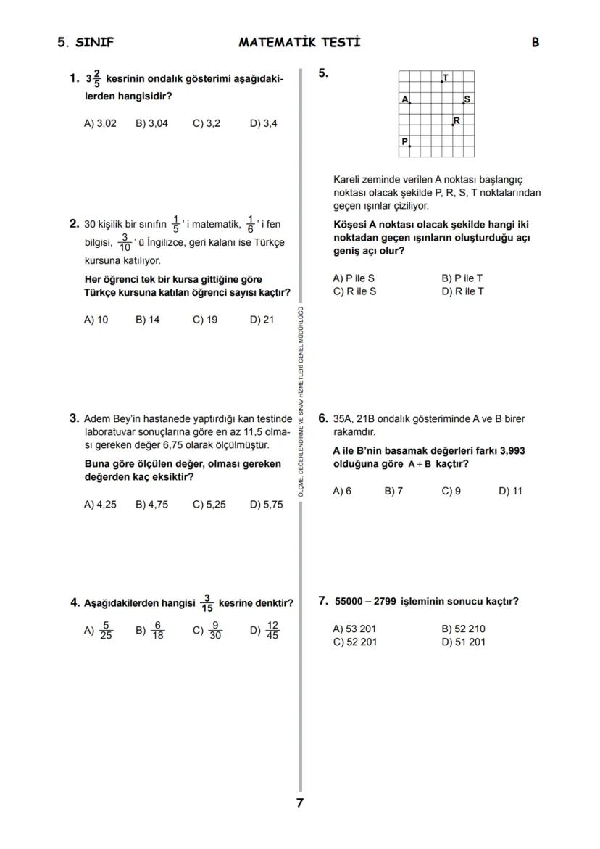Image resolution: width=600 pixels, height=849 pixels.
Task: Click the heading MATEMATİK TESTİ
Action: coord(299,42)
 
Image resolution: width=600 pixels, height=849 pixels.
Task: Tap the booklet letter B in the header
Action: coord(535,42)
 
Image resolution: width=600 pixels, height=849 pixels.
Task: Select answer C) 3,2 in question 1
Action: coord(207,123)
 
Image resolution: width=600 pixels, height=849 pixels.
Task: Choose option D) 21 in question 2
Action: coord(262,320)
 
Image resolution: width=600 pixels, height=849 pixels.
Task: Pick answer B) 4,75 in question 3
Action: coord(151,505)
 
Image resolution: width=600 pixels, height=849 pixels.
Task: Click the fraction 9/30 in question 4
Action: coord(215,631)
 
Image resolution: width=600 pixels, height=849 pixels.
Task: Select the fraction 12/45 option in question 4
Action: coord(272,631)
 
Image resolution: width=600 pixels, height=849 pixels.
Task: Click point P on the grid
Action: coord(409,145)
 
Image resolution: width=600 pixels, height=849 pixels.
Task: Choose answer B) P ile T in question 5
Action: coord(462,278)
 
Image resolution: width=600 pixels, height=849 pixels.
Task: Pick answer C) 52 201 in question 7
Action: coord(354,642)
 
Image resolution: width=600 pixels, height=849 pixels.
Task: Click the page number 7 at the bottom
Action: coord(299,803)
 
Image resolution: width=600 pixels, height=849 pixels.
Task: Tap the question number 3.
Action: coord(74,418)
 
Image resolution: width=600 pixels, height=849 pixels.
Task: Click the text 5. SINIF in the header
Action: coord(86,42)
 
